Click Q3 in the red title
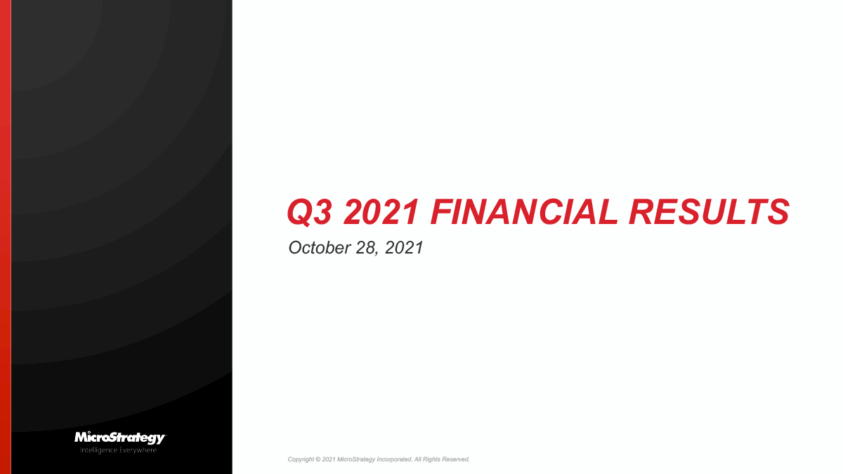[308, 212]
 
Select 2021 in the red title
[380, 212]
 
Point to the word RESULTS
[709, 212]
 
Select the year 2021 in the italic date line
[404, 248]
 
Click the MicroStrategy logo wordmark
[119, 438]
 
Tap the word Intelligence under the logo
[98, 449]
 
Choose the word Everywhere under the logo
[137, 449]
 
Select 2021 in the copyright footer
[328, 459]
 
